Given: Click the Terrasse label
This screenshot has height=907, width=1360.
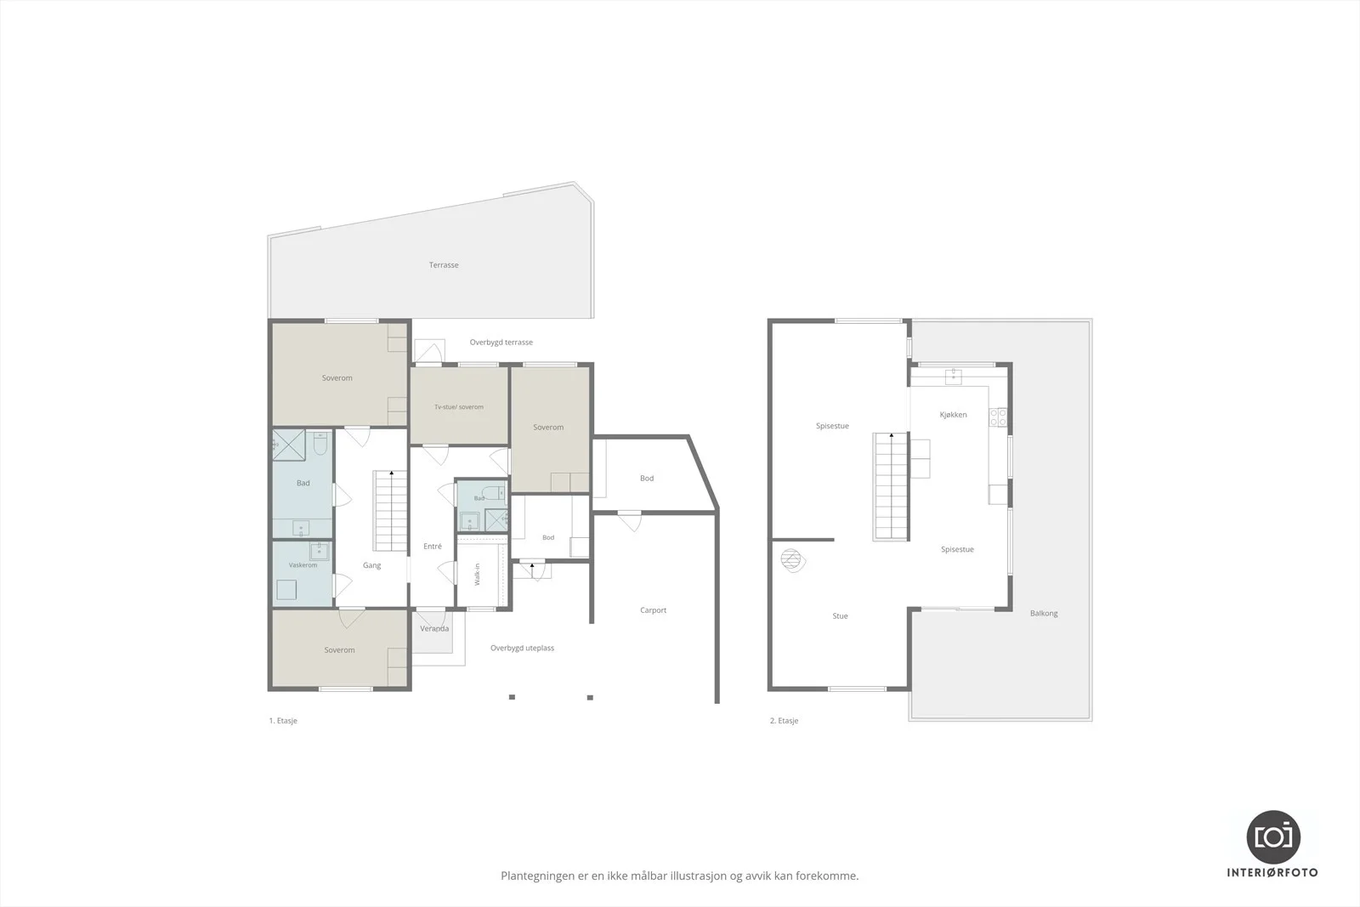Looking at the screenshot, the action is pos(444,264).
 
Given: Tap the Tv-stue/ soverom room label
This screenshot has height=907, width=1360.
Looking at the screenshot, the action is pos(459,407).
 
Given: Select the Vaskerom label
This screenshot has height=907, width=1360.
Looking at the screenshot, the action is pos(303,564).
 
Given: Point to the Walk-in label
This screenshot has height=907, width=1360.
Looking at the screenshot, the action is pos(477,575).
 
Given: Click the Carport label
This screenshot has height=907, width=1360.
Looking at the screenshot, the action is pos(654,610).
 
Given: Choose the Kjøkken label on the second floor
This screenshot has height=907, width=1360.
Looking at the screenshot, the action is pos(953,415).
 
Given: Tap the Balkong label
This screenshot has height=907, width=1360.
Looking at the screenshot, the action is pos(1044,613).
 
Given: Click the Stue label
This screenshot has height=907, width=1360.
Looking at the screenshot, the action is pos(841,615).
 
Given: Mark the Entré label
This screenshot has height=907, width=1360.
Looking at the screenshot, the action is pos(433,546).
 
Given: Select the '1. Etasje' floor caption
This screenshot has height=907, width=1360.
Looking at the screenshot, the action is pos(283,721).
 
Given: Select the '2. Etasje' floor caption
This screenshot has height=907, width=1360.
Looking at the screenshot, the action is pos(784,721).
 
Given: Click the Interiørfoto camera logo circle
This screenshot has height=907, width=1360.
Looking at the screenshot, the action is pos(1273,837).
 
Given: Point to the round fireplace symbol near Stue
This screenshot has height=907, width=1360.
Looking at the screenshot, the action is pos(791,560).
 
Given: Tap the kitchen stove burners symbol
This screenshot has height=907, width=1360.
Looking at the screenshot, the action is pos(998,417).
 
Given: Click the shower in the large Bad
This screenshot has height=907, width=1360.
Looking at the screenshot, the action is pos(289,445).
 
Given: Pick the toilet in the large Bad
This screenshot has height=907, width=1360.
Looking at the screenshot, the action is pos(320,443).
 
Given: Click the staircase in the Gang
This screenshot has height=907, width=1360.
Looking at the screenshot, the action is pos(390,511).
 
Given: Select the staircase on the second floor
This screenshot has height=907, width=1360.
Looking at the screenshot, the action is pos(890,485).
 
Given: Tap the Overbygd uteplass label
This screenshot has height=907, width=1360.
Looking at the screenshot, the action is pos(522,648).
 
